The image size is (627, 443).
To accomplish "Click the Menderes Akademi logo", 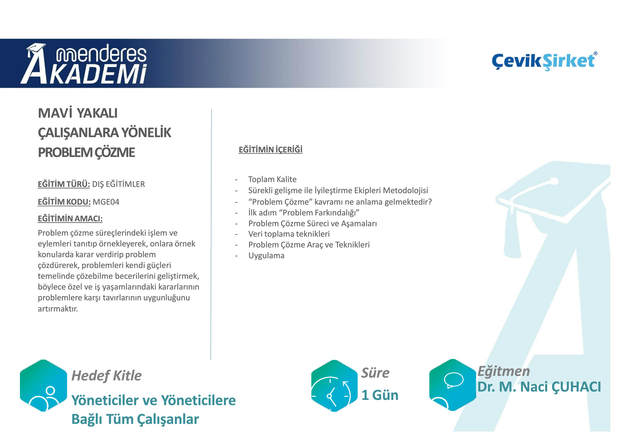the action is coord(84,64).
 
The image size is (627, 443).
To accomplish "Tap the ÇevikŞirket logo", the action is coord(544,61).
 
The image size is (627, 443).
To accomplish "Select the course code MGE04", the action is coord(106,202).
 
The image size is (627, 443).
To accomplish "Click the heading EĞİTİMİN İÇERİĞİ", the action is coord(270,150).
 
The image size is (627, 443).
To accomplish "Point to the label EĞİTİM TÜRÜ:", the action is coord(64,184).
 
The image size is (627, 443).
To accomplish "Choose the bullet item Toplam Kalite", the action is coord(272,179).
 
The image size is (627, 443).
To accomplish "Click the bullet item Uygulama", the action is coord(266,256).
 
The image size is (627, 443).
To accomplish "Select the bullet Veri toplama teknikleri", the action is coord(289,234).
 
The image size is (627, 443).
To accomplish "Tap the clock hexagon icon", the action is coord(334,386).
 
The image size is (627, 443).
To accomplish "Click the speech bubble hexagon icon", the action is coord(452,385).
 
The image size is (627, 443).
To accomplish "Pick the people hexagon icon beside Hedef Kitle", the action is coord(44,386).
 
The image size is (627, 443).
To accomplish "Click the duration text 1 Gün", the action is coord(380,395).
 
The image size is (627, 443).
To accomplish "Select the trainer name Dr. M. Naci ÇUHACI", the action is coord(539,387).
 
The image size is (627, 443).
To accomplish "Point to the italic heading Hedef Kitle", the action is coord(106,375).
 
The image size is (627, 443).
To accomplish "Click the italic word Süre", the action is coord(375,373).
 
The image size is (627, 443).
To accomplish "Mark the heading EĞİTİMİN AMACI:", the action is coord(70,219).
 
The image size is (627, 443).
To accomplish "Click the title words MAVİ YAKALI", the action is coord(78,113).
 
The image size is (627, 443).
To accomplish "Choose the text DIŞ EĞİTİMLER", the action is coord(118,184).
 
